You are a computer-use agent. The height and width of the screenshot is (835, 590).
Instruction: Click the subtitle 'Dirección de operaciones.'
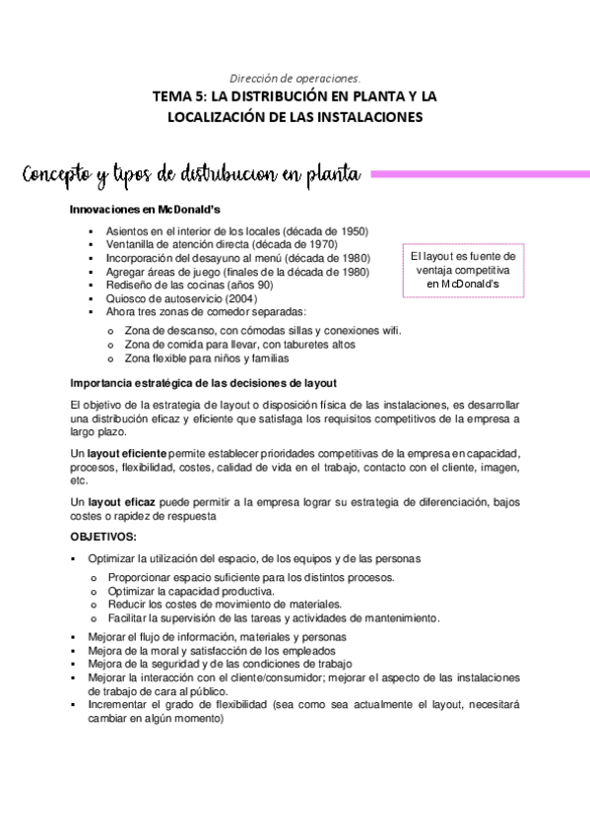[295, 77]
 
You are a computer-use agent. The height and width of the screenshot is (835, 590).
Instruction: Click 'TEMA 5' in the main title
[178, 96]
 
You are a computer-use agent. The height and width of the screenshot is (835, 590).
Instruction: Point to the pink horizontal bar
[479, 173]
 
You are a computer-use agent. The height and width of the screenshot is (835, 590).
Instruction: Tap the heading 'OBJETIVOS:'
[104, 537]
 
